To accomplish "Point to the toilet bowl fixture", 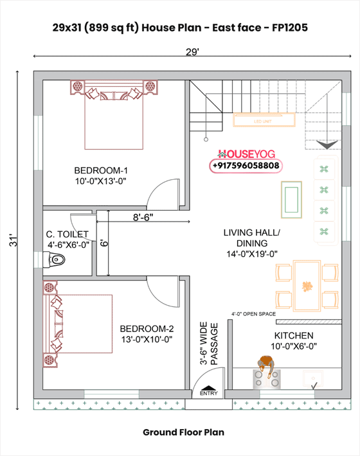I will tap(56, 260).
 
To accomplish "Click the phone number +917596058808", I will tap(246, 166).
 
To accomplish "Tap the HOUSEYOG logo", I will tap(246, 154).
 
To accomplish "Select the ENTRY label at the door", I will tap(209, 392).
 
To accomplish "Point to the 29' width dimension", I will tap(192, 52).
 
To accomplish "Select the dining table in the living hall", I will tap(307, 285).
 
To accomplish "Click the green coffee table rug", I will tap(292, 198).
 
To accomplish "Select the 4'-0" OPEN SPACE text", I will tap(253, 314).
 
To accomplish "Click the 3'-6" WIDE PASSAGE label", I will tap(209, 344).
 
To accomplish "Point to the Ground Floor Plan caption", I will tap(183, 432).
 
